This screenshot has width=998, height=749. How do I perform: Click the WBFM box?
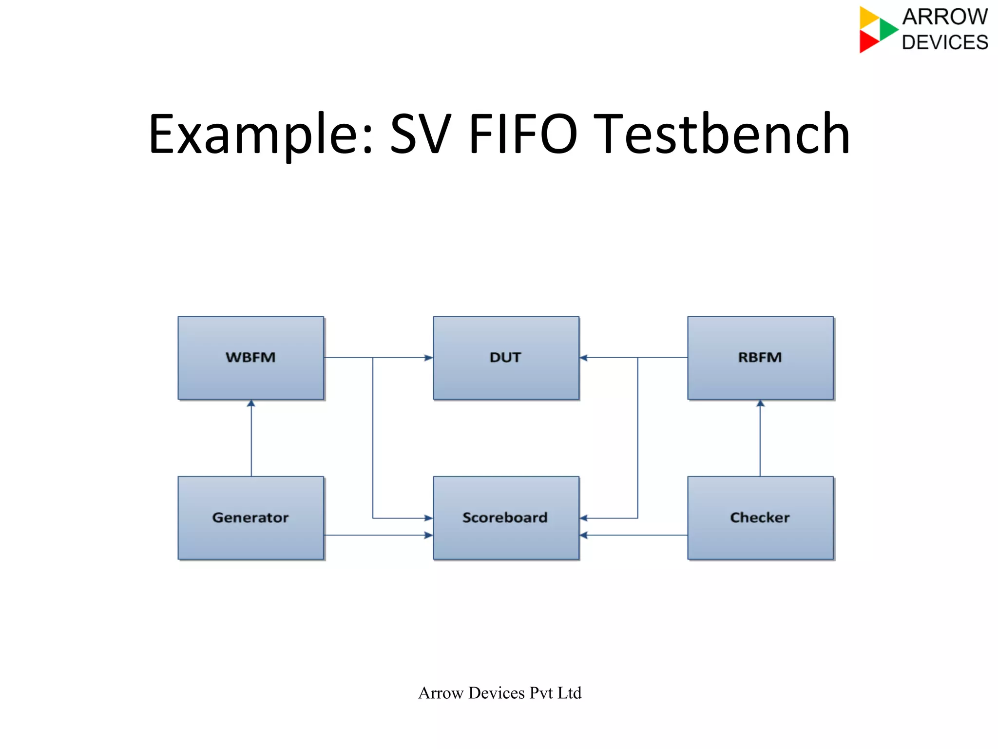250,358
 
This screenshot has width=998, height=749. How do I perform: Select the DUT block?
506,358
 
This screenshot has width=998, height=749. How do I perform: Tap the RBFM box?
760,358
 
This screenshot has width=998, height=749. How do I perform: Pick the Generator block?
250,518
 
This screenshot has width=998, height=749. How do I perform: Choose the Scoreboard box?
506,518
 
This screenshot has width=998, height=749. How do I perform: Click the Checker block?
760,518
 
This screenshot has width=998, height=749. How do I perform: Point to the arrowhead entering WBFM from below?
251,403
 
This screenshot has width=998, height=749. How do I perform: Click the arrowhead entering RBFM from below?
760,403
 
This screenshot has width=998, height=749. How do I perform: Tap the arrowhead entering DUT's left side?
428,358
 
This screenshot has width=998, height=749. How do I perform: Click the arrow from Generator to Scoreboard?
378,535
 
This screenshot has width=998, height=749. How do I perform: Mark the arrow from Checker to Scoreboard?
633,535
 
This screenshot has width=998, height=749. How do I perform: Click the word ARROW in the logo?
944,17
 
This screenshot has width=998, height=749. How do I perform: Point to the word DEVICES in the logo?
944,42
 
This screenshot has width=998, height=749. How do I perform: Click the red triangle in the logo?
868,42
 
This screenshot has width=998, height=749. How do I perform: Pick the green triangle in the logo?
888,29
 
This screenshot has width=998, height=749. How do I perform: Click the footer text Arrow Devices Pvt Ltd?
499,692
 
